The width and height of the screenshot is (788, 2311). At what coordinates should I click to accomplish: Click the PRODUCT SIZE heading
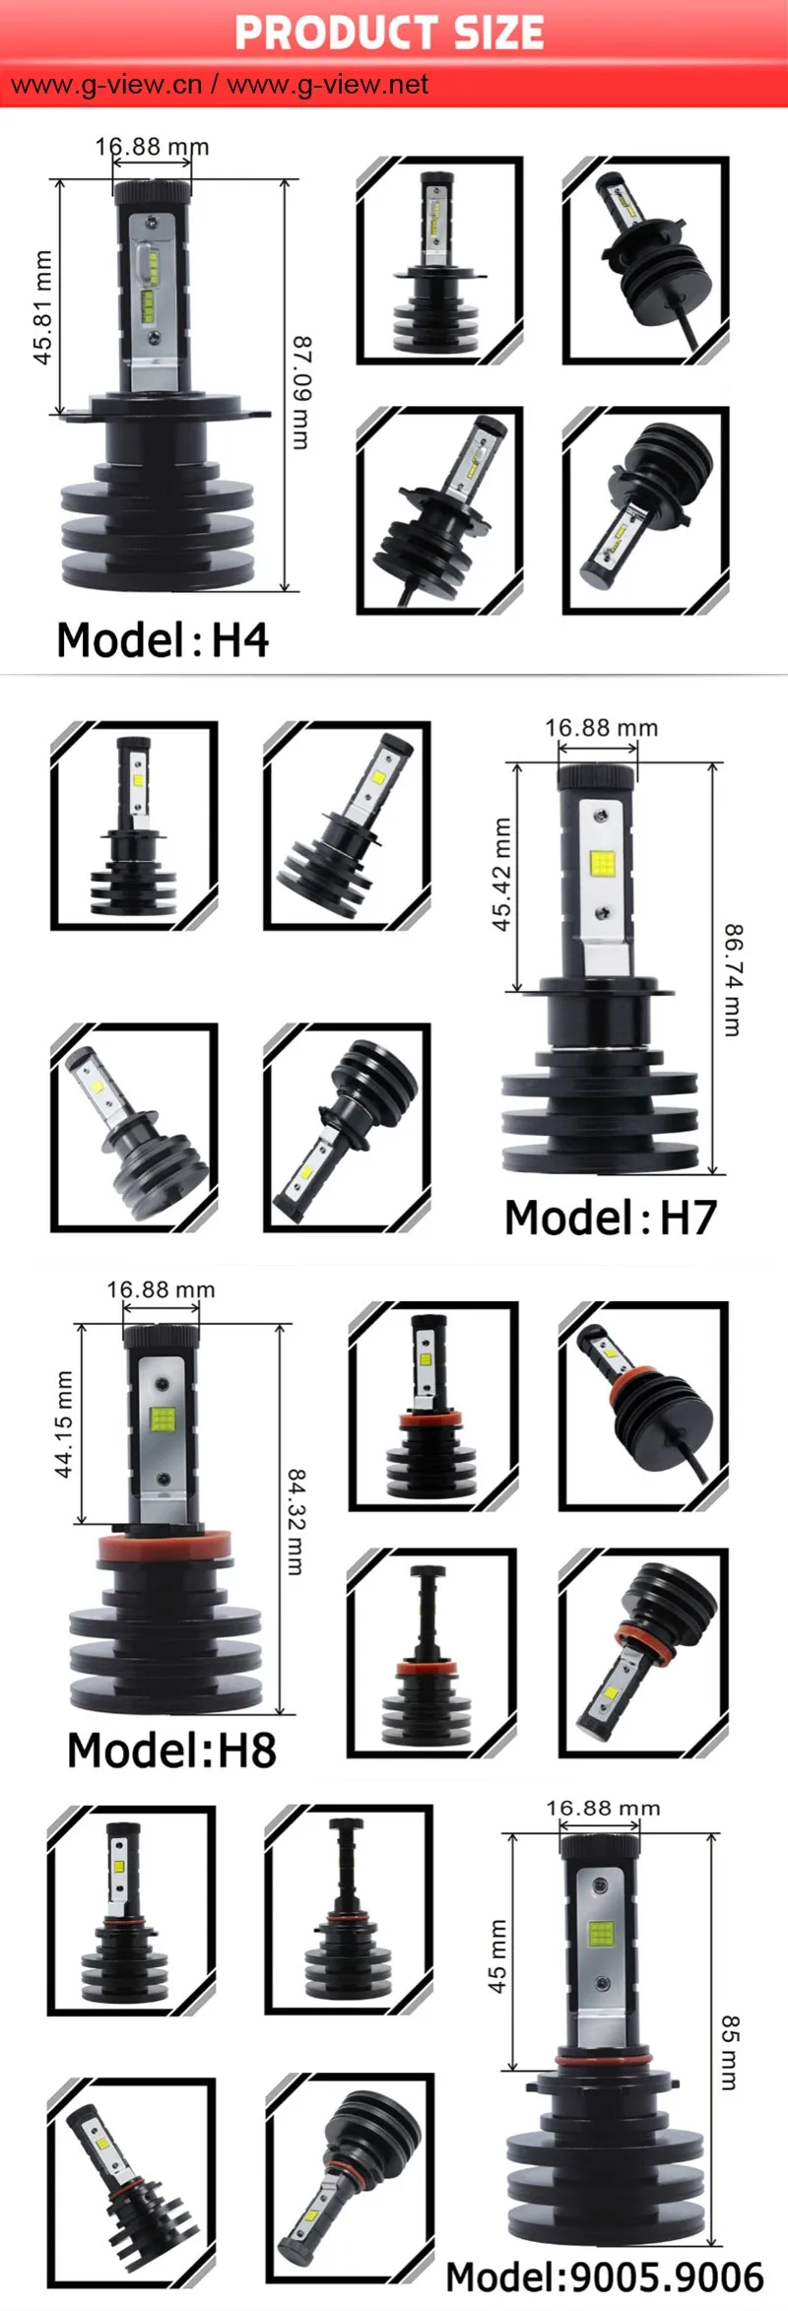click(389, 33)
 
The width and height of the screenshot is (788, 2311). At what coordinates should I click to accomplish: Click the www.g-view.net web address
click(328, 85)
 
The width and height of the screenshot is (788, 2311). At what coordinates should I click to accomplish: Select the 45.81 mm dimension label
click(42, 306)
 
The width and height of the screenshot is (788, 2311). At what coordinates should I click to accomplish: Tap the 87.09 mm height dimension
click(300, 392)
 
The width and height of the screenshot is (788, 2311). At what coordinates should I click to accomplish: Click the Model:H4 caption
click(163, 640)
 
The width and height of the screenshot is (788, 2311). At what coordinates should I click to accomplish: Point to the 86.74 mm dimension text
click(732, 979)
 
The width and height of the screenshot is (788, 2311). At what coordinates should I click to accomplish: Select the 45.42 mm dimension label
click(502, 875)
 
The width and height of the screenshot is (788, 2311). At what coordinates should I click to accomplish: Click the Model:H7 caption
click(610, 1218)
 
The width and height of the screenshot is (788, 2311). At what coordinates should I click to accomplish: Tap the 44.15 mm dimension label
click(64, 1423)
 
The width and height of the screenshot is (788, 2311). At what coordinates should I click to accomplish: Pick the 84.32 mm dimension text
click(295, 1521)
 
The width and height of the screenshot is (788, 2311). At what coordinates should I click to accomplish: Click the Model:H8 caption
click(171, 1750)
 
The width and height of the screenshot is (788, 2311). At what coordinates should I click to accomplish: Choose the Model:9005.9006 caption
click(604, 2277)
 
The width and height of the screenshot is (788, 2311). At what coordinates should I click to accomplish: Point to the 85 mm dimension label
click(729, 2052)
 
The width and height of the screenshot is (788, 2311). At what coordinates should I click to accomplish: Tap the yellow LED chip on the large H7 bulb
click(602, 865)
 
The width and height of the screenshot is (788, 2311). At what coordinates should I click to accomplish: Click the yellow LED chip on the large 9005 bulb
click(600, 1934)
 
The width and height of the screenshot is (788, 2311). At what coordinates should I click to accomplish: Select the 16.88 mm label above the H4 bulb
click(152, 147)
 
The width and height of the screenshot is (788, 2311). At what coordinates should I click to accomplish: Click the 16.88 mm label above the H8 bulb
click(161, 1289)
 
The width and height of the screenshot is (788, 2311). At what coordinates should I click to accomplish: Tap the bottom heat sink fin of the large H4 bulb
click(158, 569)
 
